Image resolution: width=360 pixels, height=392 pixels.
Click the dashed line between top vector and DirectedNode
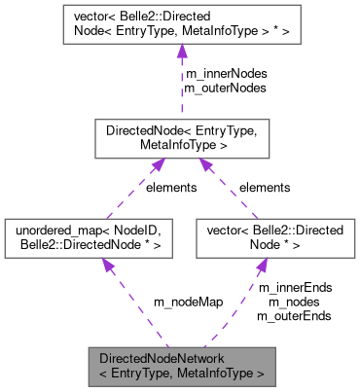(x=181, y=88)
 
